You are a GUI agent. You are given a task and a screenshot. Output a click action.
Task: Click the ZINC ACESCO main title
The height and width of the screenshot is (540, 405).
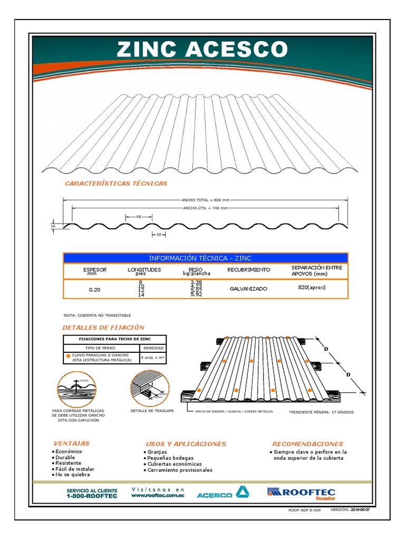pyautogui.click(x=202, y=50)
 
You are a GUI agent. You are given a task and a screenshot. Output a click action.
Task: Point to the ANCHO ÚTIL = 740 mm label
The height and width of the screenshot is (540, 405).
pyautogui.click(x=205, y=208)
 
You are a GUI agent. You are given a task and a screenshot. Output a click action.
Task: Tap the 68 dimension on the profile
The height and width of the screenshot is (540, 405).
pyautogui.click(x=139, y=217)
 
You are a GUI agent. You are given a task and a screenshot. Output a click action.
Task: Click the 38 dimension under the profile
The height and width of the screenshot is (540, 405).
pyautogui.click(x=158, y=234)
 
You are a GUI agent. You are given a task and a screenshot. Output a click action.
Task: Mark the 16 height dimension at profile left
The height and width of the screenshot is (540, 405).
pyautogui.click(x=53, y=226)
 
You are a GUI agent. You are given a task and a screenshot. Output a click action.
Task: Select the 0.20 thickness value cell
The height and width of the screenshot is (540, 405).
pyautogui.click(x=95, y=290)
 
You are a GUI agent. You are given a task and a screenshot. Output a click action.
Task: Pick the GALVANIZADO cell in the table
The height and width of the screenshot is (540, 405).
pyautogui.click(x=248, y=289)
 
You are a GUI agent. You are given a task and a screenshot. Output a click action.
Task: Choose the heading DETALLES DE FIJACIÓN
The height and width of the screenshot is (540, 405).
pyautogui.click(x=103, y=327)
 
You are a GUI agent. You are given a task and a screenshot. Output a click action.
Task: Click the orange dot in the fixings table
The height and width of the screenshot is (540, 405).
pyautogui.click(x=68, y=357)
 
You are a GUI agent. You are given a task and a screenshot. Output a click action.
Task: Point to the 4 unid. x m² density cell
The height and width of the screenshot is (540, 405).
pyautogui.click(x=152, y=358)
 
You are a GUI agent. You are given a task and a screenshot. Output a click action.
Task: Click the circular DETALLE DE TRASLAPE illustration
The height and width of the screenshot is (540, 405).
pyautogui.click(x=149, y=389)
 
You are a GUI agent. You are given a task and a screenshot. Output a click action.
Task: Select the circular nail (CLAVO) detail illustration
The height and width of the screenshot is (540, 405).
pyautogui.click(x=77, y=389)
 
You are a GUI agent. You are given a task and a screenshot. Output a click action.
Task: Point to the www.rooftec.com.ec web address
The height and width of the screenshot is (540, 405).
pyautogui.click(x=158, y=495)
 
